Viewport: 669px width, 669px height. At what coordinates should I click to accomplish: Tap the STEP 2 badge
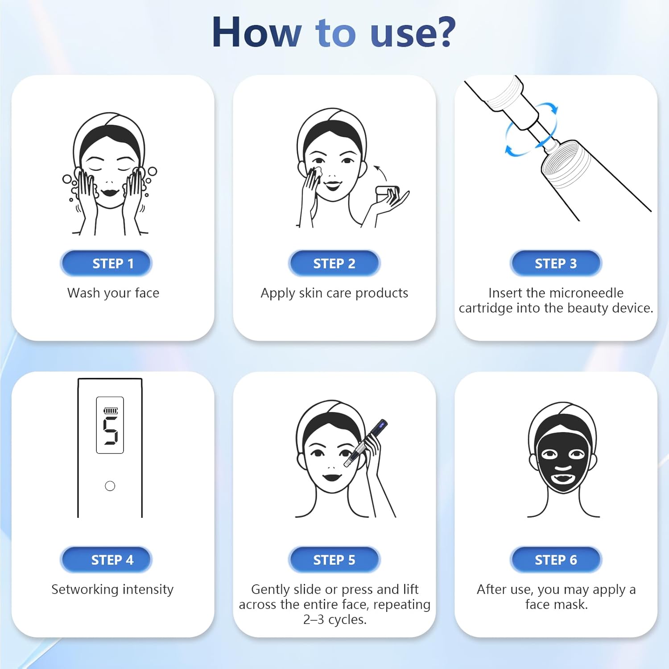pos(334,263)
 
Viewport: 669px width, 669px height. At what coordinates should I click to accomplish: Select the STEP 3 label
pos(556,263)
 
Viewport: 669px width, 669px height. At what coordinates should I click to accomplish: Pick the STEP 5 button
pos(334,560)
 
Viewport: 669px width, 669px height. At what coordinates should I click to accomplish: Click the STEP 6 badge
pos(556,560)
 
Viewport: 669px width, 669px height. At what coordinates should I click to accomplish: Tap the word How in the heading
pos(256,32)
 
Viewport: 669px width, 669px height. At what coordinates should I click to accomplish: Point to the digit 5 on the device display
pos(110,430)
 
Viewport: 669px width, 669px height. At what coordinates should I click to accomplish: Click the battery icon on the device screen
pos(111,410)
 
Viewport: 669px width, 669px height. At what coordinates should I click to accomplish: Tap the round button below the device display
pos(110,486)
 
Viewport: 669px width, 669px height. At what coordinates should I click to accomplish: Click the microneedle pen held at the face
pos(366,444)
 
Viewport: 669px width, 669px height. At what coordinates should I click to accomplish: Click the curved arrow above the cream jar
pos(380,172)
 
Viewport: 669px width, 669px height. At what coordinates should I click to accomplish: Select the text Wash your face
pos(113,293)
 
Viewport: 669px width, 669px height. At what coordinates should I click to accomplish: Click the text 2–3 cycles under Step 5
pos(334,619)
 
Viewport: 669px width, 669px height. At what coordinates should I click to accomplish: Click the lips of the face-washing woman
pos(109,193)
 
